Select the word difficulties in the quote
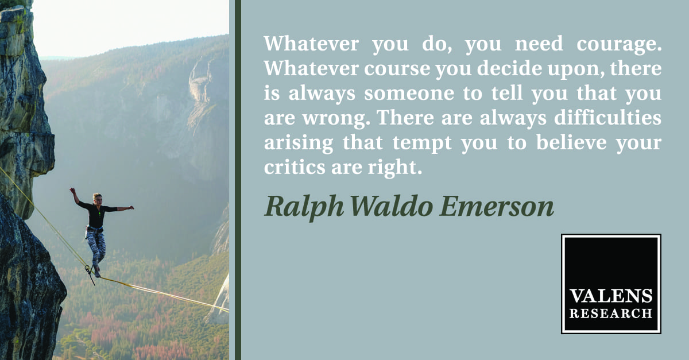pyautogui.click(x=608, y=117)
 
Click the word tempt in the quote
pyautogui.click(x=422, y=144)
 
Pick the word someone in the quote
pyautogui.click(x=409, y=94)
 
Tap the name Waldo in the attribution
pyautogui.click(x=392, y=206)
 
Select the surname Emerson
pyautogui.click(x=497, y=207)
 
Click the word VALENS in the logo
pyautogui.click(x=611, y=296)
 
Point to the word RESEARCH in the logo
pyautogui.click(x=611, y=313)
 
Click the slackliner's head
pyautogui.click(x=98, y=199)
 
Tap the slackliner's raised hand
pyautogui.click(x=72, y=191)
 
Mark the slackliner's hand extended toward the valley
pyautogui.click(x=131, y=208)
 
